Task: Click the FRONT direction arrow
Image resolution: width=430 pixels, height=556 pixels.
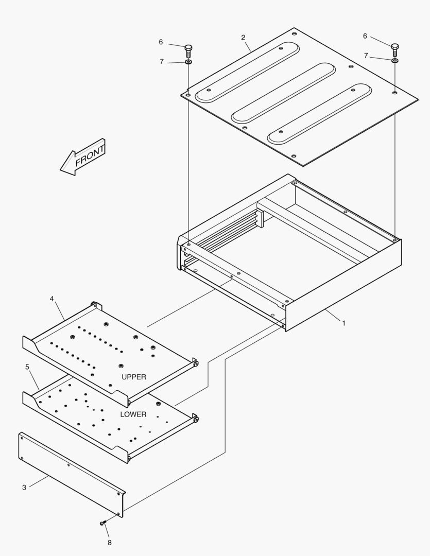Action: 82,157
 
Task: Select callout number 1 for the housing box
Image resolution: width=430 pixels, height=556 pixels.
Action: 344,323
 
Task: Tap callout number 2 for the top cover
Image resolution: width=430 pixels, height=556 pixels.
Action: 243,38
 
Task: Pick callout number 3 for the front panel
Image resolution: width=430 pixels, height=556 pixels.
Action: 24,487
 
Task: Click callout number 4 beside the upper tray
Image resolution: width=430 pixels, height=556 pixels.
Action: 52,299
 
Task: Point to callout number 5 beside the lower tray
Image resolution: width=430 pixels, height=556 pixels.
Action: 27,367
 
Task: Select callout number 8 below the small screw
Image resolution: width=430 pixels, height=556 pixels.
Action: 109,542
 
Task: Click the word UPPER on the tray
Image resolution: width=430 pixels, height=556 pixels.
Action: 134,377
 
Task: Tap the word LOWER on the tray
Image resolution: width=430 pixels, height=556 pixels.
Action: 133,414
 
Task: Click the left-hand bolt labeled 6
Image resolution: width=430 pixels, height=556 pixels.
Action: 189,50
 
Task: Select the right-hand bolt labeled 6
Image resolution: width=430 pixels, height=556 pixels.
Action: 395,49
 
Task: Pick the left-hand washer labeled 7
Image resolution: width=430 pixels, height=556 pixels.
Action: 188,62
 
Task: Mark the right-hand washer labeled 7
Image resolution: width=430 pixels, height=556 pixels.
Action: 394,61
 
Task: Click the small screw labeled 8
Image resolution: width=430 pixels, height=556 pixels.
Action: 103,523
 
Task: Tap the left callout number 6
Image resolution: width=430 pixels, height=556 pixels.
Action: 161,42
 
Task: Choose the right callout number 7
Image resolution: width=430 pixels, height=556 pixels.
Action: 366,56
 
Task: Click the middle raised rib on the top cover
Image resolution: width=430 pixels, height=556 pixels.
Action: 283,93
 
